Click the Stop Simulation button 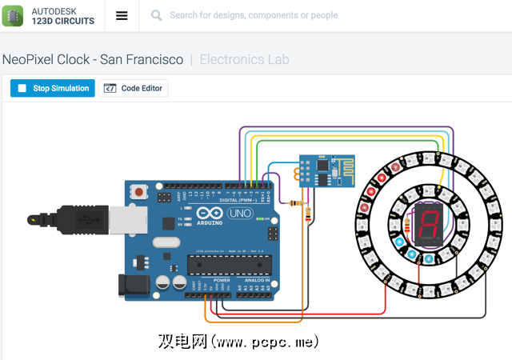53,89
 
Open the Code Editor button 134,89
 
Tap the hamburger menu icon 122,15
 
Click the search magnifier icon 156,15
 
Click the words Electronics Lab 244,59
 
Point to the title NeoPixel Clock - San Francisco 93,59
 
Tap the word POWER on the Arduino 222,280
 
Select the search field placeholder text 254,15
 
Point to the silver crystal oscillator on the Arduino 170,243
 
